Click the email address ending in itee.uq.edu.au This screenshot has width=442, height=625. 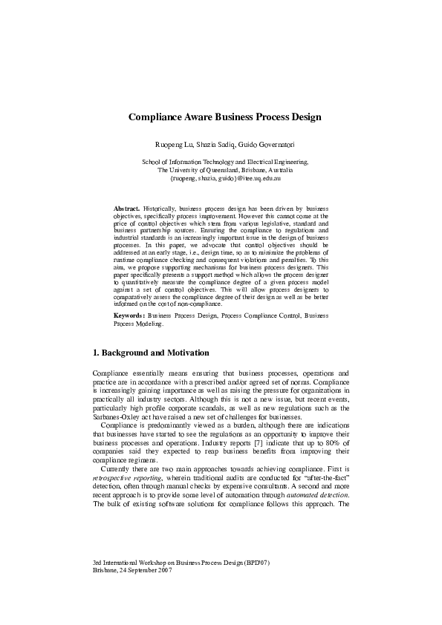(x=221, y=178)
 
